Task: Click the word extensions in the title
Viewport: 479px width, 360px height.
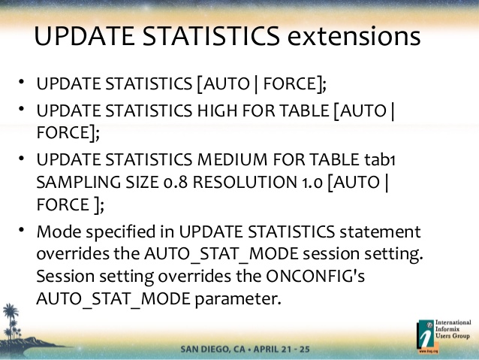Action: pyautogui.click(x=354, y=36)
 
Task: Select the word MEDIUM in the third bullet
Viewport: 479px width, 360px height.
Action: pyautogui.click(x=233, y=159)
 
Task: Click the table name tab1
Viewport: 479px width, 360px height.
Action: pyautogui.click(x=380, y=159)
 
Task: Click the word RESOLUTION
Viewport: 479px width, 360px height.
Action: pyautogui.click(x=245, y=182)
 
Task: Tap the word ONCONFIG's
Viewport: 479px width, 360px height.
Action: pyautogui.click(x=315, y=276)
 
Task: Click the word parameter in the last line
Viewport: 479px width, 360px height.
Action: pyautogui.click(x=238, y=299)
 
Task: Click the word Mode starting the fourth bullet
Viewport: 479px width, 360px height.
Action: pyautogui.click(x=59, y=231)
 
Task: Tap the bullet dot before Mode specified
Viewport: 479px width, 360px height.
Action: pyautogui.click(x=21, y=229)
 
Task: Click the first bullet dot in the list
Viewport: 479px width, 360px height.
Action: pyautogui.click(x=21, y=81)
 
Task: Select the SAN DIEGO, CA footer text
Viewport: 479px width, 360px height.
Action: pyautogui.click(x=213, y=349)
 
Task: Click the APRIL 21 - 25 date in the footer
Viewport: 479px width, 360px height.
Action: pyautogui.click(x=282, y=349)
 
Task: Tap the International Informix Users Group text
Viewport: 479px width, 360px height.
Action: pyautogui.click(x=453, y=329)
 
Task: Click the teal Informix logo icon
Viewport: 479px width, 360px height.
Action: pyautogui.click(x=426, y=334)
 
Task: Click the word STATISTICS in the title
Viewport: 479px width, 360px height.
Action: pyautogui.click(x=211, y=36)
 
